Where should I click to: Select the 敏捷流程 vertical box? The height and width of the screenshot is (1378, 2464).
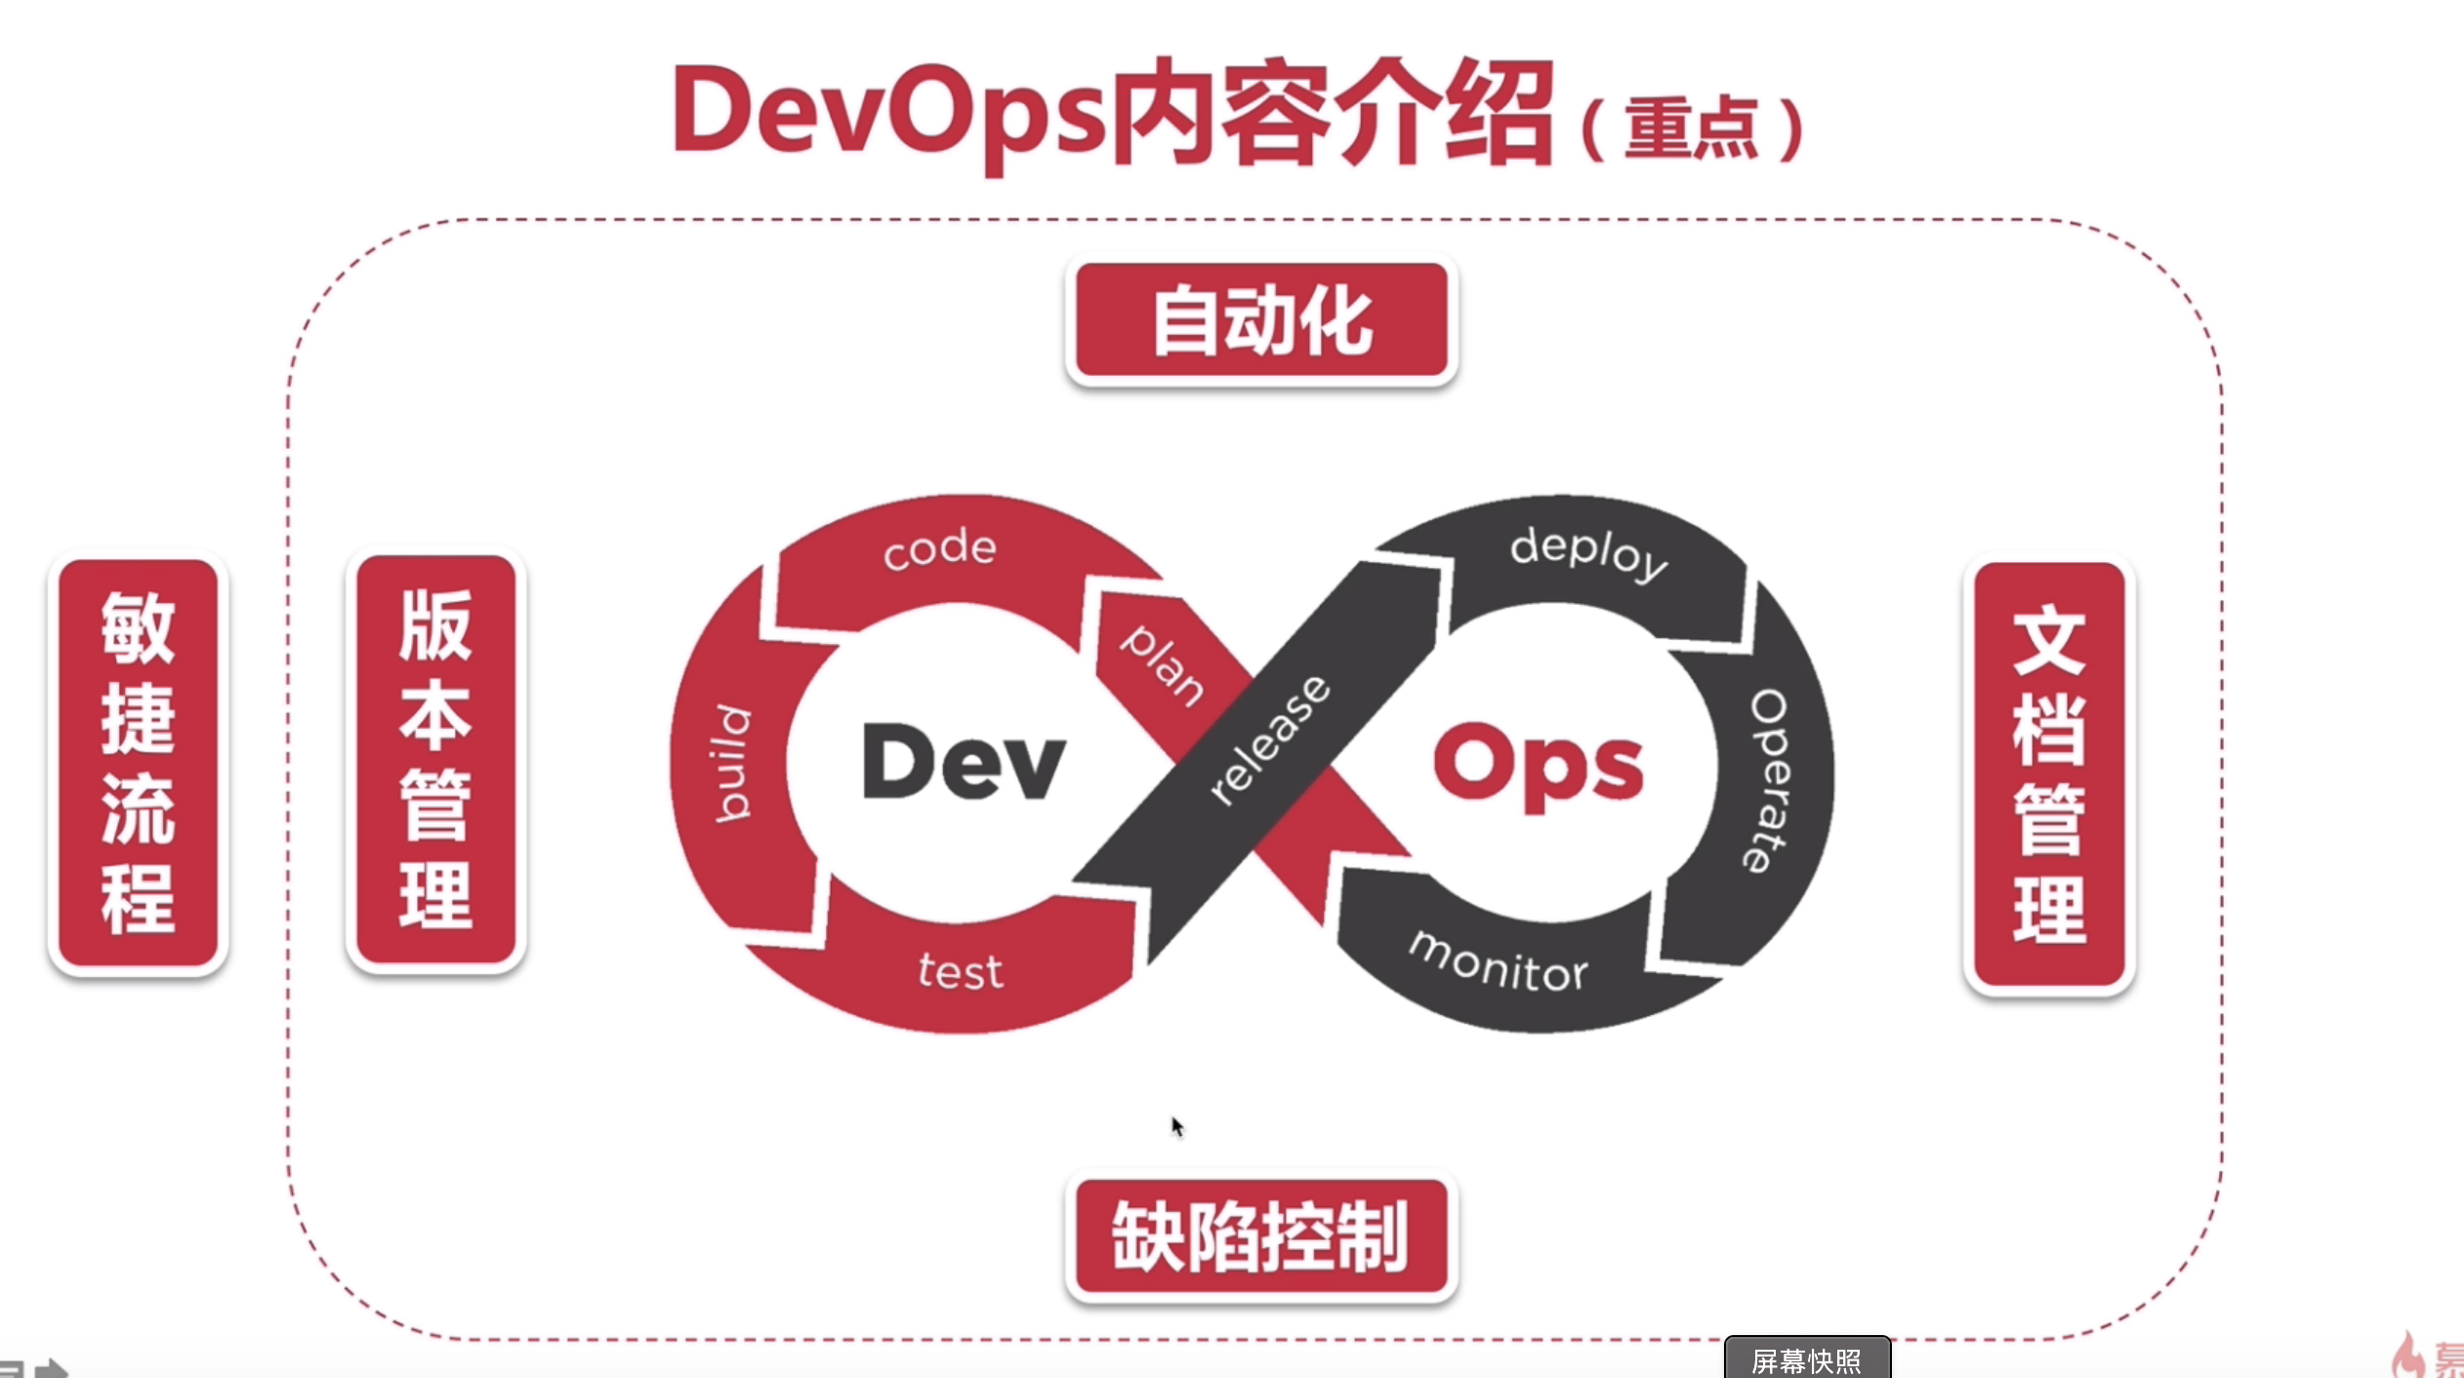(138, 762)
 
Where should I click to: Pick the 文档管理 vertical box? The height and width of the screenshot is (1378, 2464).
(2048, 776)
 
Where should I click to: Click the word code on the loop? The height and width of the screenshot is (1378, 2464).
(939, 548)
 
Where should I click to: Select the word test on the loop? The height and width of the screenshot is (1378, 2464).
(960, 972)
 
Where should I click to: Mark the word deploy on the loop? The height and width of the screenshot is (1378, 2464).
(1588, 552)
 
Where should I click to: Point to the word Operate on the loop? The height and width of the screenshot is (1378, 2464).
(1769, 781)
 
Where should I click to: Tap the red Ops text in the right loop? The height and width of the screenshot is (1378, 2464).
(1539, 767)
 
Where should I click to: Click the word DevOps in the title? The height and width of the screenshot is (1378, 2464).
(888, 112)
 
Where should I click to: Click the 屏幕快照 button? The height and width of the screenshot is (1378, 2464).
(1807, 1359)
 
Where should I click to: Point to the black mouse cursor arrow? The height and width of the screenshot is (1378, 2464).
(1176, 1126)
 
